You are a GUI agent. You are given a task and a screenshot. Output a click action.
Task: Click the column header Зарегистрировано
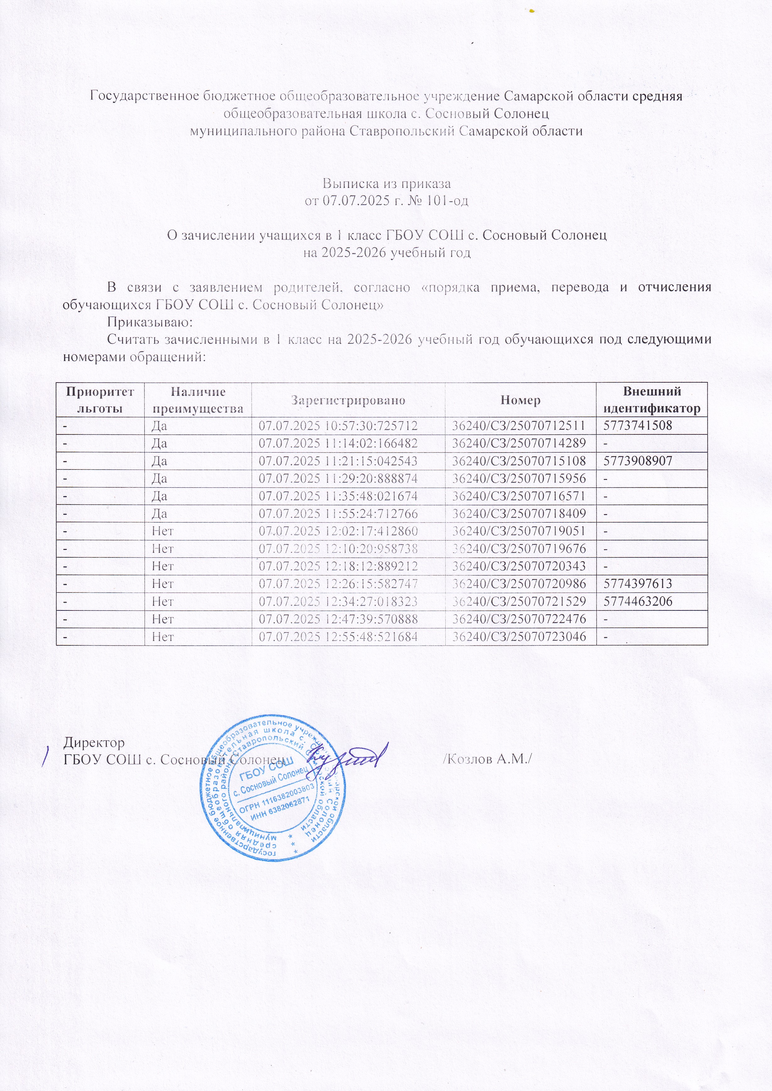[x=348, y=400]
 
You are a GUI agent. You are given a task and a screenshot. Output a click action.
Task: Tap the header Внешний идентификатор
[x=652, y=400]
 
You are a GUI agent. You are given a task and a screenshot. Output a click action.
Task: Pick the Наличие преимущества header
[x=198, y=400]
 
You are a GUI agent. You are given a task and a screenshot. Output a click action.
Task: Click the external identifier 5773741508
[x=637, y=426]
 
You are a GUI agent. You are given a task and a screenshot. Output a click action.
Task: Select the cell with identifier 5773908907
[x=637, y=461]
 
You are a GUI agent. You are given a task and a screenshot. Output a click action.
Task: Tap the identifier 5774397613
[x=637, y=584]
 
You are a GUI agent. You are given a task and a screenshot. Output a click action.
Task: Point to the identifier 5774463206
[x=637, y=601]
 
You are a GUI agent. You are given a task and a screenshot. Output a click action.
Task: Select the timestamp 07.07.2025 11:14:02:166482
[x=337, y=443]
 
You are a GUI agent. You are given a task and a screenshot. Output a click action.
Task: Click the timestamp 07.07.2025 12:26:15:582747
[x=337, y=584]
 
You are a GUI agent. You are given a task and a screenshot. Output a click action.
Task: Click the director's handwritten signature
[x=347, y=760]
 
